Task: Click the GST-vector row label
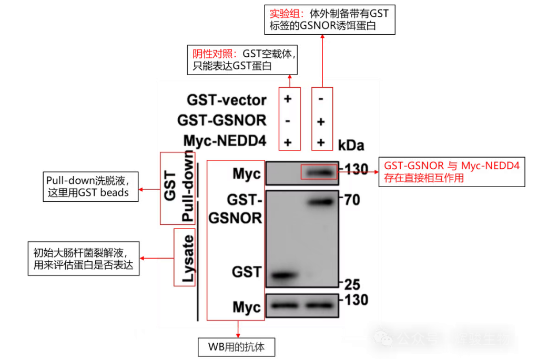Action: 226,99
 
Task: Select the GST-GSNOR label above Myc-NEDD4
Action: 221,121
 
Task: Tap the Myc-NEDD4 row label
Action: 225,142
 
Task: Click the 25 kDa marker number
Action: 352,284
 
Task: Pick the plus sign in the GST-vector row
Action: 288,99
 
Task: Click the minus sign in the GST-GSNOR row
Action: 288,121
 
